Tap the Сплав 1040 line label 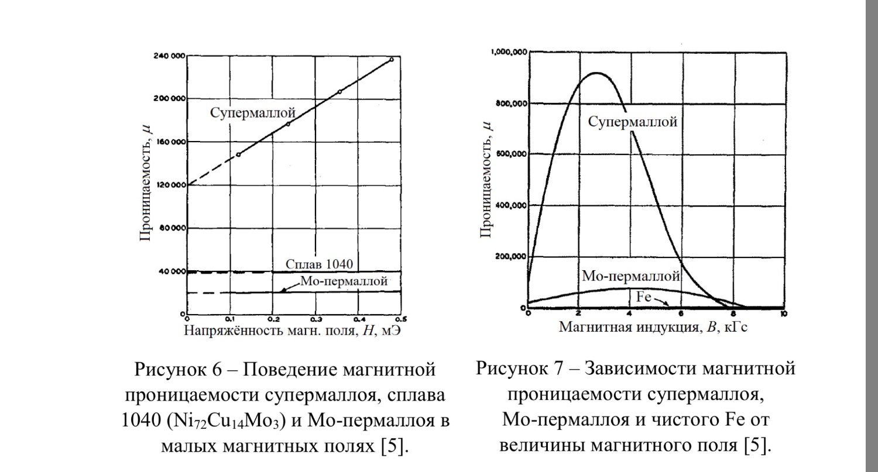tap(319, 263)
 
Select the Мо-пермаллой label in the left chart tap(344, 281)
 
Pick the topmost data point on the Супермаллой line tap(391, 59)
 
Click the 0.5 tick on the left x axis tap(401, 319)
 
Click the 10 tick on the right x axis tap(783, 313)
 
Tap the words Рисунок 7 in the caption tap(526, 370)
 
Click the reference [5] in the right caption tap(758, 445)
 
